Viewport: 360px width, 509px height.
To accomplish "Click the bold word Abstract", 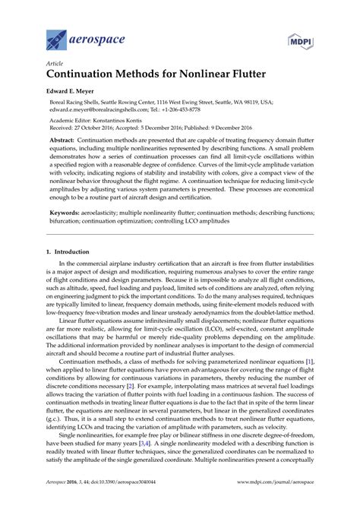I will point(63,141).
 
